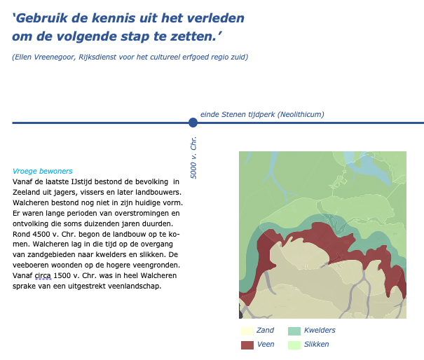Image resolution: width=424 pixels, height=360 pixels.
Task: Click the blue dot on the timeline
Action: [x=193, y=123]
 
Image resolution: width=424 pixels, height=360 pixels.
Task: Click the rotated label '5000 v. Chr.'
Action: [x=194, y=158]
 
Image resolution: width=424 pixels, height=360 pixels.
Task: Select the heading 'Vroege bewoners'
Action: [x=42, y=171]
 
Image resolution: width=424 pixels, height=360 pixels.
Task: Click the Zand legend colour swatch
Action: [x=247, y=331]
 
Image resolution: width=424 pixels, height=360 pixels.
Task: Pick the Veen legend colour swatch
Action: [x=247, y=345]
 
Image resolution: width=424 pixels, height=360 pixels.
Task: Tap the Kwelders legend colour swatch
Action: [x=294, y=331]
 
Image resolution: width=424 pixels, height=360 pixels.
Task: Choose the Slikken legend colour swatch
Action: [x=294, y=345]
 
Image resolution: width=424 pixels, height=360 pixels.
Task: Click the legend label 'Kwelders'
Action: [x=320, y=331]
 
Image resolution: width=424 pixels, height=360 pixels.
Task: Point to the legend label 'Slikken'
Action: [x=317, y=345]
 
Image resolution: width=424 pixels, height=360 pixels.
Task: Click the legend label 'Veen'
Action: [x=266, y=345]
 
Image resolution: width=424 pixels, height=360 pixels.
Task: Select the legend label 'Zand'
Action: [x=265, y=331]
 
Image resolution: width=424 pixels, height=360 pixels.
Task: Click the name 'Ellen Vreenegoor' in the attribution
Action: [x=43, y=57]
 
